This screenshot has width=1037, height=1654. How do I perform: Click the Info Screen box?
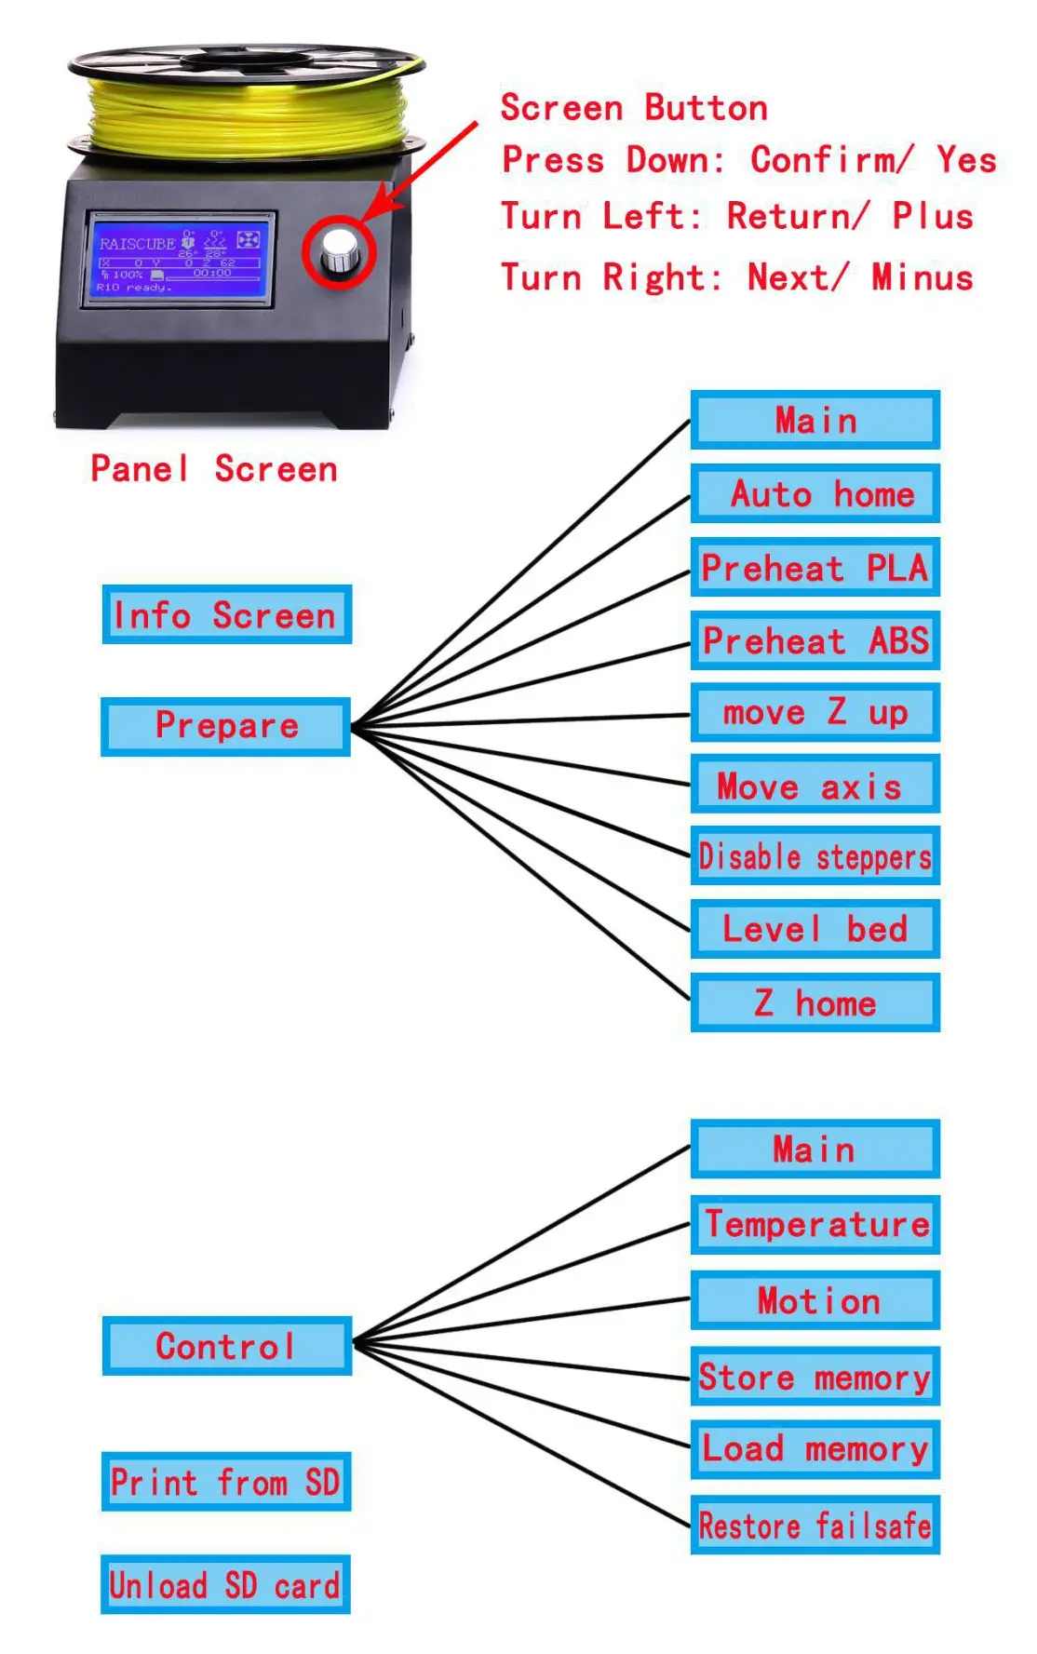227,614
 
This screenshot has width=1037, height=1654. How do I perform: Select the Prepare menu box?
226,726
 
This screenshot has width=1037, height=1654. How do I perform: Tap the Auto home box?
815,493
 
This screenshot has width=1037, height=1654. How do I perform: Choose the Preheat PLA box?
815,567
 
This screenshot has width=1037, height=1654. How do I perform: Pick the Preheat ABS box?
815,640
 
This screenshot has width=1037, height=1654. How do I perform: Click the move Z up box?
815,713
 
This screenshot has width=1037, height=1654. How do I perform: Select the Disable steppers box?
815,856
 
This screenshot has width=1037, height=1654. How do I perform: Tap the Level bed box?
815,929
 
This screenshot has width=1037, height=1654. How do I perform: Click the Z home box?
815,1002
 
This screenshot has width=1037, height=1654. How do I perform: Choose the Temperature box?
815,1224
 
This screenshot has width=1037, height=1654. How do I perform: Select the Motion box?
815,1300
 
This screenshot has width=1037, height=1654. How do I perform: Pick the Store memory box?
815,1376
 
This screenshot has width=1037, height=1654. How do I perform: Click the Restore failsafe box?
815,1525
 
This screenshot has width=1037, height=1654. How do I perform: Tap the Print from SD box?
226,1481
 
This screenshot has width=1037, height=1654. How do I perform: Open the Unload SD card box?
226,1584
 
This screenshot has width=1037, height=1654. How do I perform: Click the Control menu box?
227,1346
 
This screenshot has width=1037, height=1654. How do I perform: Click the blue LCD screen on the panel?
179,258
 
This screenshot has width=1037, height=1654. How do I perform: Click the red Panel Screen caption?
214,468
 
